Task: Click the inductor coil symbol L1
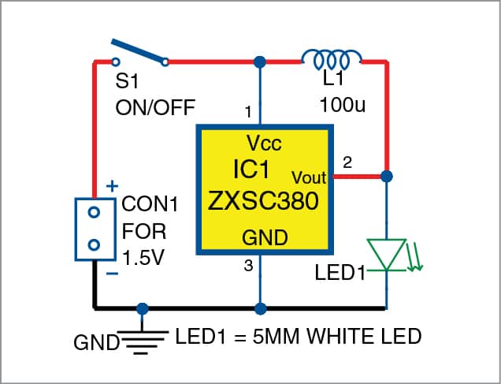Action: pyautogui.click(x=332, y=59)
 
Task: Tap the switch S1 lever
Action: pyautogui.click(x=139, y=50)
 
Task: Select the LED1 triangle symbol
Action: pyautogui.click(x=388, y=252)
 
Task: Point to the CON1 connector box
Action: pyautogui.click(x=93, y=229)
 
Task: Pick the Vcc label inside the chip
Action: pyautogui.click(x=263, y=144)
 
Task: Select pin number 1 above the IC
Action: pyautogui.click(x=248, y=113)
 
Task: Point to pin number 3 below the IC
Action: pyautogui.click(x=248, y=267)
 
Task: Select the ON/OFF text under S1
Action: pyautogui.click(x=155, y=106)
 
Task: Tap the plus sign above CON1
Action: pyautogui.click(x=112, y=186)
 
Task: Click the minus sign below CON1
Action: pyautogui.click(x=112, y=274)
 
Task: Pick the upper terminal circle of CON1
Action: pyautogui.click(x=93, y=213)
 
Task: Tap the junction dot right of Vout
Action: pyautogui.click(x=388, y=177)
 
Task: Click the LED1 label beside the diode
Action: pyautogui.click(x=340, y=274)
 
